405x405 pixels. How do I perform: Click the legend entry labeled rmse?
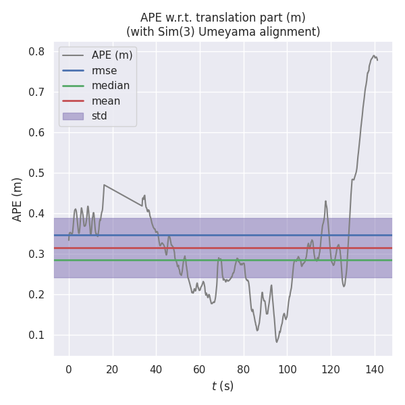pos(105,70)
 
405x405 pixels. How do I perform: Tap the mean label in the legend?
pos(107,101)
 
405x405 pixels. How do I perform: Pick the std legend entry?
pos(100,116)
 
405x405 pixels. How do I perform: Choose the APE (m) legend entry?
pos(112,55)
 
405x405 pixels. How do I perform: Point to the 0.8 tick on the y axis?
pos(36,52)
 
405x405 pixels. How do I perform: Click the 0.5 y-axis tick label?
pos(36,173)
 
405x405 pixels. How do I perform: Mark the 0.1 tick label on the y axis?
pos(36,335)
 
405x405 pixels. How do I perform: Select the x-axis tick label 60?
pos(200,369)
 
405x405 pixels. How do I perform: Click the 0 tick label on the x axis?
pos(68,369)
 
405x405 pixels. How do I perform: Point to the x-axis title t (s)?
pos(222,386)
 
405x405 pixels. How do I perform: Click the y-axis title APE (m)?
pos(18,199)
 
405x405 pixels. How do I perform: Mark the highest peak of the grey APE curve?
pos(373,55)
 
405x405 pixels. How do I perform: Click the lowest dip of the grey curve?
pos(276,342)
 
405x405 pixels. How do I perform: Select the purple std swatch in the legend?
pos(73,116)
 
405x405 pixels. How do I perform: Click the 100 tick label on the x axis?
pos(287,369)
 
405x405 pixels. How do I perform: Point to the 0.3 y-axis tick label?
pos(36,254)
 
